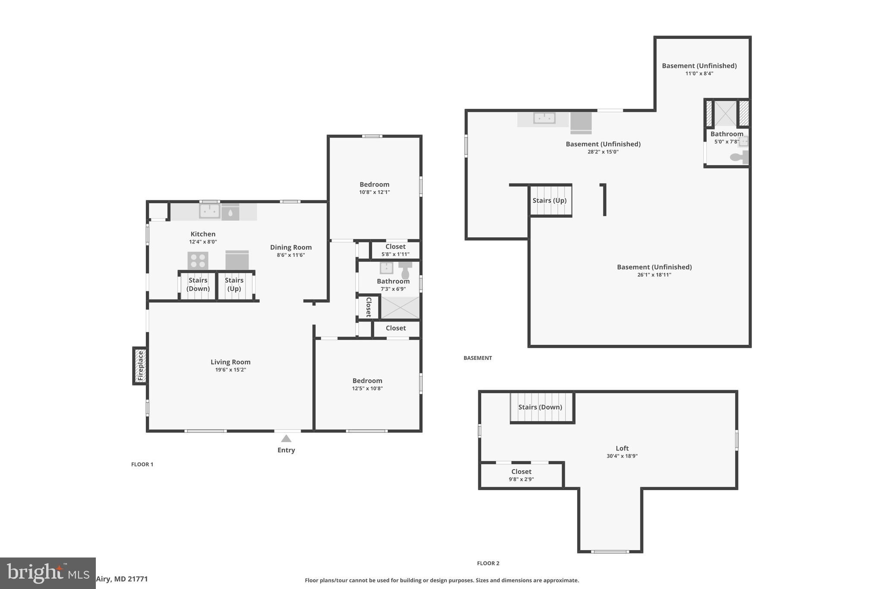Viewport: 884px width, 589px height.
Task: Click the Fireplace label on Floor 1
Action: click(140, 366)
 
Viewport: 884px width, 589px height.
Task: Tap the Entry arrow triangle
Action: click(286, 439)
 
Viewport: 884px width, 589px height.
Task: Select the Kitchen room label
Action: click(203, 234)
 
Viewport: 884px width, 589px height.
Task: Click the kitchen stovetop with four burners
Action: click(198, 261)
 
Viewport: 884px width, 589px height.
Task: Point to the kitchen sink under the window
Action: click(209, 211)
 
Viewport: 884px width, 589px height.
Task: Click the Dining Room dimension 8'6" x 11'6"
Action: click(290, 255)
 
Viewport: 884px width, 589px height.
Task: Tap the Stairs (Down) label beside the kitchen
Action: click(198, 284)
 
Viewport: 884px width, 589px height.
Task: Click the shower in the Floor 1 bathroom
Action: click(400, 308)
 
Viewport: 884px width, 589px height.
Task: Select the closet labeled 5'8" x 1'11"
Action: click(395, 250)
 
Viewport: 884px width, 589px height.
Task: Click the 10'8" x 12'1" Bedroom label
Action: click(374, 188)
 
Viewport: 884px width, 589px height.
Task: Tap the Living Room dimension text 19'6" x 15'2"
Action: click(230, 370)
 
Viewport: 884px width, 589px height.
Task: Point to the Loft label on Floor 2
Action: click(622, 448)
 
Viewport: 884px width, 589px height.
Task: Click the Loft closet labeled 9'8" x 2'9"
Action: click(521, 475)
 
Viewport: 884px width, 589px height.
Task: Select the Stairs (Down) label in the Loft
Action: click(540, 407)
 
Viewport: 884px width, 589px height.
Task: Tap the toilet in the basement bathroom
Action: click(739, 157)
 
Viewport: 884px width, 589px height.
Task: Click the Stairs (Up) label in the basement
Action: click(549, 200)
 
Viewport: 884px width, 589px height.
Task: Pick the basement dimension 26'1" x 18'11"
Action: click(654, 275)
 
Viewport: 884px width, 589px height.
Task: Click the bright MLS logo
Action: click(47, 573)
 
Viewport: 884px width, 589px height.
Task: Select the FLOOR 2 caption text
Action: click(488, 563)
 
